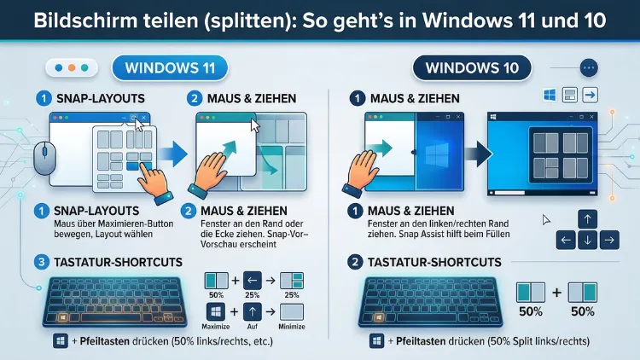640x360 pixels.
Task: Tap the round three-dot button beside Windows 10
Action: pos(590,67)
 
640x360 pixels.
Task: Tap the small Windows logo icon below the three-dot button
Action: pos(550,95)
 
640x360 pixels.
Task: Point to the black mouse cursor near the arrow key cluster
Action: pos(546,220)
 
